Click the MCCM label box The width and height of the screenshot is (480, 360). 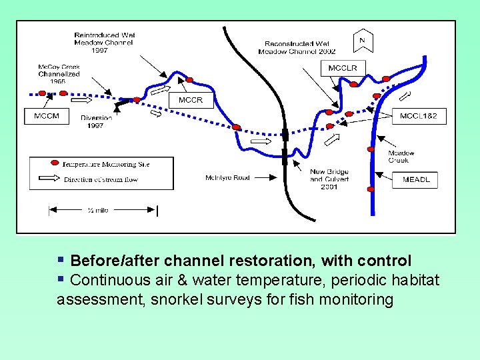(46, 116)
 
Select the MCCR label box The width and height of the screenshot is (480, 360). (190, 101)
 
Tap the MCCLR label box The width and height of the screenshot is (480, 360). (343, 68)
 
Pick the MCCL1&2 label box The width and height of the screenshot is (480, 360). (419, 116)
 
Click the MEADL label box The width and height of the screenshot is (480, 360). (416, 179)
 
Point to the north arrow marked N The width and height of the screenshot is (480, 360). (362, 41)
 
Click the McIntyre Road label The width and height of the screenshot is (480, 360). (227, 177)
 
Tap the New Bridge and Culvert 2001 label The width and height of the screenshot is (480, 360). (329, 179)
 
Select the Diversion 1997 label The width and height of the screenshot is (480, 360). (96, 122)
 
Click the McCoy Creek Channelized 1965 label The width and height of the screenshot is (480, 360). (59, 73)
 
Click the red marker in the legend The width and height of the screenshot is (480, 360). (55, 163)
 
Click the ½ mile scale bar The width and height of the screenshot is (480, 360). (102, 211)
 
